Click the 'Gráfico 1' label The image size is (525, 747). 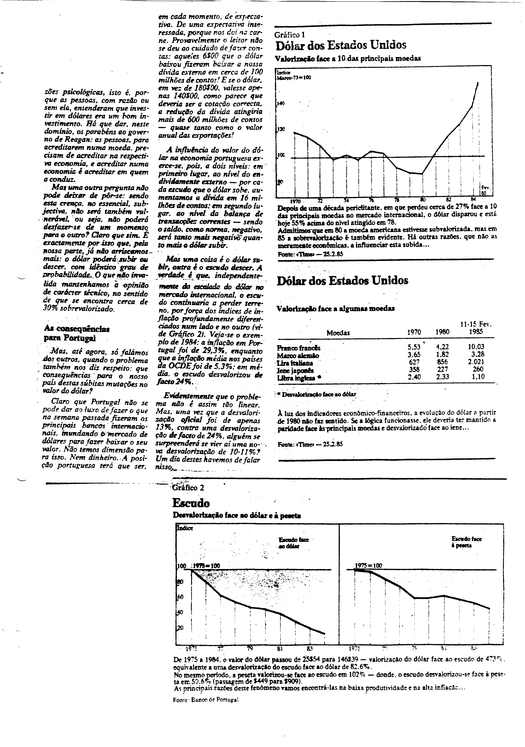coord(290,35)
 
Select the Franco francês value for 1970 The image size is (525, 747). coord(414,347)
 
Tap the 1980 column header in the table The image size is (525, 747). coord(442,332)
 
